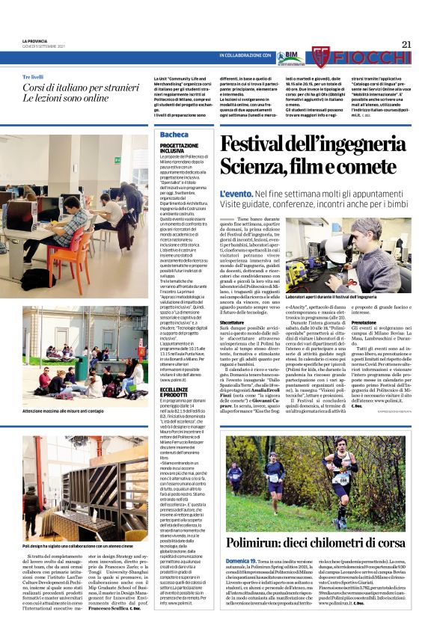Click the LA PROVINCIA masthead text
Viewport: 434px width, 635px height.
tap(36, 40)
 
